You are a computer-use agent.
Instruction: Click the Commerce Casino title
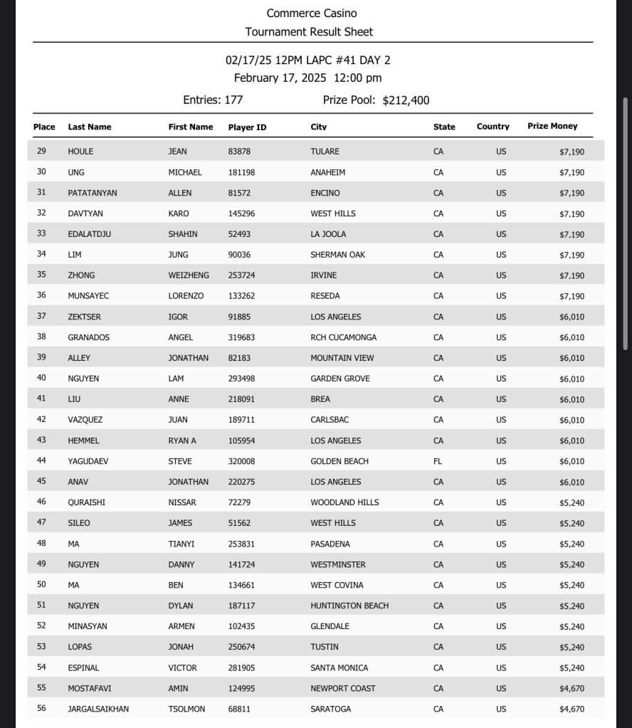312,14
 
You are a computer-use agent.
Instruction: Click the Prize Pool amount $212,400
406,100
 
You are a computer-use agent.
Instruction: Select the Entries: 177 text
213,100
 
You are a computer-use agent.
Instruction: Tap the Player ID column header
247,127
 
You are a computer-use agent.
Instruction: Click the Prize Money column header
552,127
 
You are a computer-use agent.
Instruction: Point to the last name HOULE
80,152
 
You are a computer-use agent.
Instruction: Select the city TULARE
325,152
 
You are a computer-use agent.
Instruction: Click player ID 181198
241,172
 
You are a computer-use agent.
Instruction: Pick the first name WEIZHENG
189,275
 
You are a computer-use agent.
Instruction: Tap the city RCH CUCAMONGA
343,337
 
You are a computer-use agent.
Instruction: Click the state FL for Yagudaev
438,461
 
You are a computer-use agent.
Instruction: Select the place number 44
41,461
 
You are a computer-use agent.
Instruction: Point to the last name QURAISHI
86,502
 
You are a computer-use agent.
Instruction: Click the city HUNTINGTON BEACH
349,606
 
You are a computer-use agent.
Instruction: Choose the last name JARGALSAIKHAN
98,709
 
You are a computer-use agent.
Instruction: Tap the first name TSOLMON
186,709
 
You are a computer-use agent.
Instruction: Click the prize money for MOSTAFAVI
572,688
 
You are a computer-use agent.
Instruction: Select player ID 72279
239,502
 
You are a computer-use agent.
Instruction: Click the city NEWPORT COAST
342,688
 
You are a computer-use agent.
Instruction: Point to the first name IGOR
178,317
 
